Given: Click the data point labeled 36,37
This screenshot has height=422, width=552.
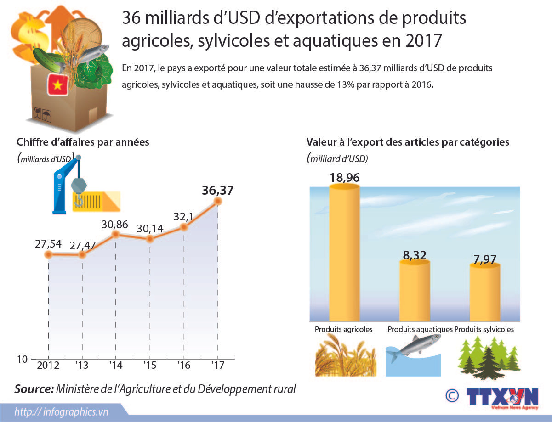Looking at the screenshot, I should pyautogui.click(x=217, y=201).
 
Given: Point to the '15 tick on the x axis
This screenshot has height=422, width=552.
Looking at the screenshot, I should pyautogui.click(x=150, y=366).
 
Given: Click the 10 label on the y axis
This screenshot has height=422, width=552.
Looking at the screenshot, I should pyautogui.click(x=22, y=359).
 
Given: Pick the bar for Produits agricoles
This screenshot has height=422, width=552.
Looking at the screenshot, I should pyautogui.click(x=344, y=253).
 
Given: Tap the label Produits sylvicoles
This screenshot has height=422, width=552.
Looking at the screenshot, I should pyautogui.click(x=484, y=329).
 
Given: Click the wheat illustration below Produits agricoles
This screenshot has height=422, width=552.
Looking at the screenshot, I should pyautogui.click(x=346, y=355).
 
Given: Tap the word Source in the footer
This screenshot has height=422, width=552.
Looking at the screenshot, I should pyautogui.click(x=34, y=389).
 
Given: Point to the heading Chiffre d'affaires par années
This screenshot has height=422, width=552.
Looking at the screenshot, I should pyautogui.click(x=83, y=142).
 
